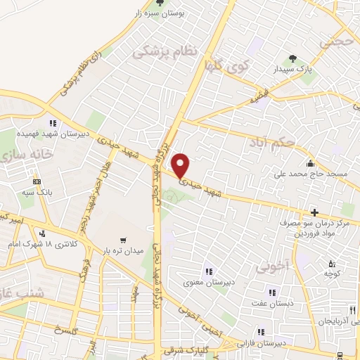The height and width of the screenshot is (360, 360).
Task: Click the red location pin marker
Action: click(181, 165)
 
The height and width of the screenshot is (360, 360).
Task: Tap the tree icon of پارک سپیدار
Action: click(292, 59)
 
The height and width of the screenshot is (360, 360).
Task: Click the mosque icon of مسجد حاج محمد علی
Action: click(309, 162)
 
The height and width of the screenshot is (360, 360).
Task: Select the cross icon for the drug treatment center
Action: click(314, 212)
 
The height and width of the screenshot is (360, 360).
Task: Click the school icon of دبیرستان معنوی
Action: click(208, 271)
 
